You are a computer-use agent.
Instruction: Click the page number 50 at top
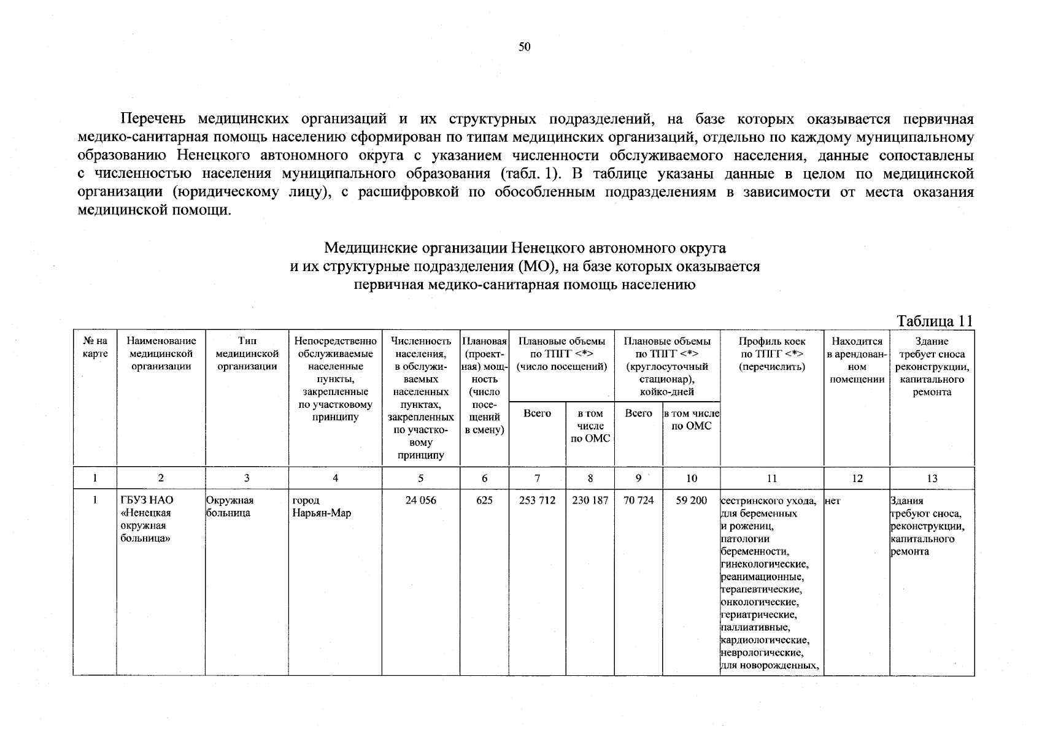[524, 47]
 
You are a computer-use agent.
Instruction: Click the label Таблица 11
[934, 321]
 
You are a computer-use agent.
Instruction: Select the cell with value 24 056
[420, 500]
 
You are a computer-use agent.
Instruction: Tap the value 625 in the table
[484, 500]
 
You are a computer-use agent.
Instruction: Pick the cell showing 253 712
[537, 500]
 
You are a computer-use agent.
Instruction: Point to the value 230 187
[590, 500]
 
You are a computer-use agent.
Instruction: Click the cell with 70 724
[638, 500]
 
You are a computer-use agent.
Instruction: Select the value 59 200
[691, 500]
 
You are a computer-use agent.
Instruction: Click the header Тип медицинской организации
[247, 354]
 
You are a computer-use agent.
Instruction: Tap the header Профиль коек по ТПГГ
[772, 354]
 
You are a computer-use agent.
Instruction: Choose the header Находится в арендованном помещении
[857, 360]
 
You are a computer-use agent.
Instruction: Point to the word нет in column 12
[833, 501]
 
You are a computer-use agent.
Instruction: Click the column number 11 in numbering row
[772, 479]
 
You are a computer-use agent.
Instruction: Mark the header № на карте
[95, 347]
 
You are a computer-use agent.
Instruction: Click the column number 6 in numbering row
[484, 479]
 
